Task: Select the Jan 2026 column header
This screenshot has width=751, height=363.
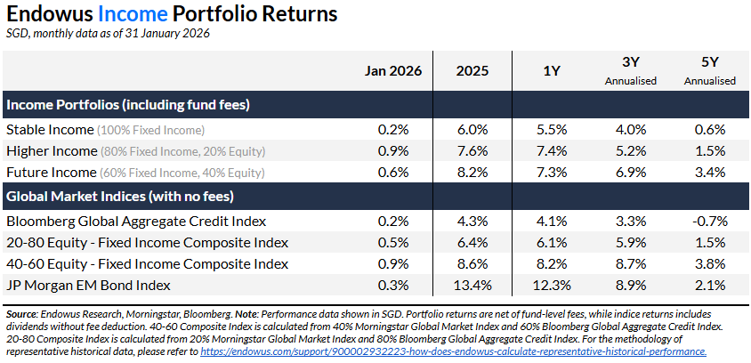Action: tap(392, 71)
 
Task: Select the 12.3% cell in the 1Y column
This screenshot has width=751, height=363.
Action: tap(551, 285)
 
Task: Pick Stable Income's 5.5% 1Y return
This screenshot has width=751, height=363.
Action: tap(551, 129)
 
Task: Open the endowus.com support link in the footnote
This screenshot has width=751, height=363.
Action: tap(454, 351)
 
